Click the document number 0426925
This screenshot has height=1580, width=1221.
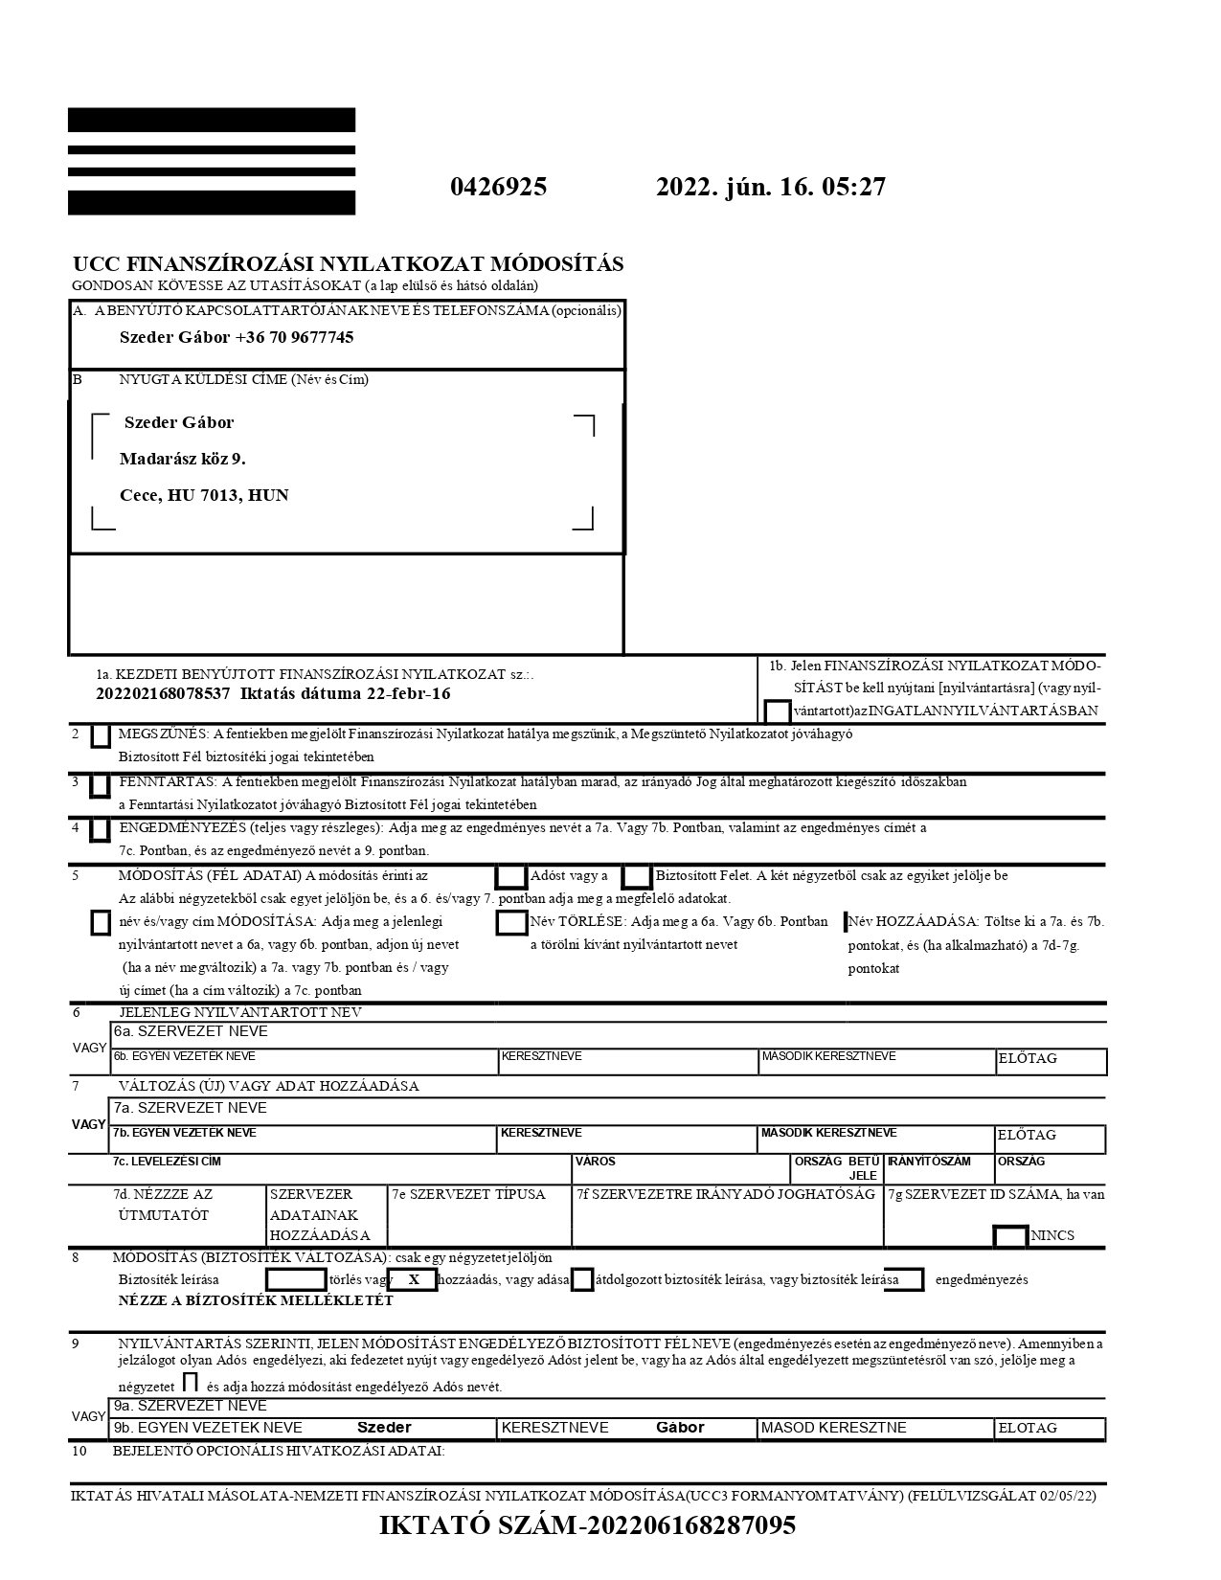tap(498, 187)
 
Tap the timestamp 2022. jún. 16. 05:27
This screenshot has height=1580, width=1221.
tap(770, 187)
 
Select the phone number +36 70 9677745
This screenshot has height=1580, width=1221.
tap(294, 337)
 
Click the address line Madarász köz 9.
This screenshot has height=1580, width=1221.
tap(182, 459)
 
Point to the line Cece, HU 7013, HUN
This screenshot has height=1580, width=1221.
tap(204, 495)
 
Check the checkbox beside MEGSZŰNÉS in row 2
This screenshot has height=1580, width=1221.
tap(100, 736)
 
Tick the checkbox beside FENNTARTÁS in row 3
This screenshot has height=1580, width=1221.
tap(99, 785)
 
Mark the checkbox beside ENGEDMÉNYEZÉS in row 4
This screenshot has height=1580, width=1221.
tap(99, 830)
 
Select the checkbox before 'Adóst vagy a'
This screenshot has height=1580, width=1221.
tap(510, 876)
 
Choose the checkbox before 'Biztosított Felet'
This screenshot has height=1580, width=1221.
tap(637, 876)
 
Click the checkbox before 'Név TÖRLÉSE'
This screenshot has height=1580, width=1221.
tap(511, 922)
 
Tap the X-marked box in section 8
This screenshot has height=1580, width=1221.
tap(413, 1279)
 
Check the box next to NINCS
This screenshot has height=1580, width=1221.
tap(1010, 1235)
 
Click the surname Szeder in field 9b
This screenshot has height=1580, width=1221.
tap(384, 1428)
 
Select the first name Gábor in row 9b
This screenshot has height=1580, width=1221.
tap(680, 1428)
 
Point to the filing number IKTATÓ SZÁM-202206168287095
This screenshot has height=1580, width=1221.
tap(587, 1525)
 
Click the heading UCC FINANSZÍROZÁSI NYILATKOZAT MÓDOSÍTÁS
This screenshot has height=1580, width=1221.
tap(348, 264)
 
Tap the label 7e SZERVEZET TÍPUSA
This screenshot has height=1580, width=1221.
tap(468, 1194)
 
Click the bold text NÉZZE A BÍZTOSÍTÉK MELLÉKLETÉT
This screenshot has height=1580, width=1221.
tap(255, 1300)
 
